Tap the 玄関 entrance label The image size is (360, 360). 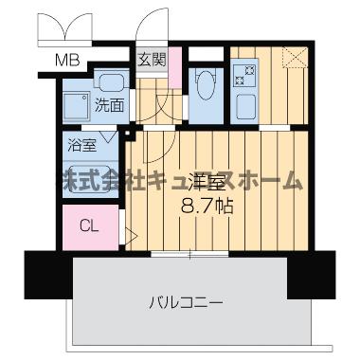pos(152,60)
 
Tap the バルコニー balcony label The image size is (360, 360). pos(186,303)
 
